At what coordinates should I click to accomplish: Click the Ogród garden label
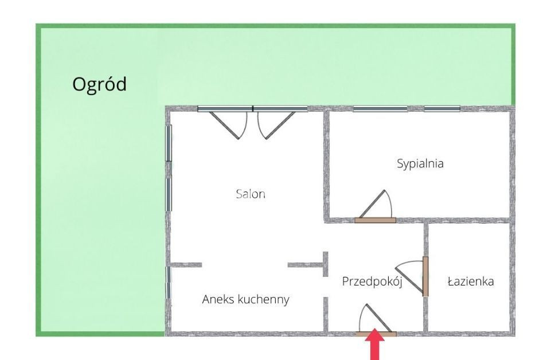pyautogui.click(x=99, y=85)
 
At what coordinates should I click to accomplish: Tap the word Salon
pyautogui.click(x=251, y=194)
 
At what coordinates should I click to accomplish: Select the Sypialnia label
pyautogui.click(x=420, y=164)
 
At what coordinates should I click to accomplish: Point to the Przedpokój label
pyautogui.click(x=372, y=281)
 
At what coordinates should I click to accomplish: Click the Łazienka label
pyautogui.click(x=471, y=281)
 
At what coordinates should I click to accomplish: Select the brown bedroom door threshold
pyautogui.click(x=376, y=220)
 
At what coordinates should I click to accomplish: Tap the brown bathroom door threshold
pyautogui.click(x=425, y=276)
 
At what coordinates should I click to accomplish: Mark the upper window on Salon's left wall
pyautogui.click(x=169, y=143)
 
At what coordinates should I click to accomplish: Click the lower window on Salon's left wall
pyautogui.click(x=169, y=195)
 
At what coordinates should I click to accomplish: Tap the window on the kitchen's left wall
pyautogui.click(x=169, y=283)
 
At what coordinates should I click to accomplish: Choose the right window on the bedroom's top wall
pyautogui.click(x=442, y=109)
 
